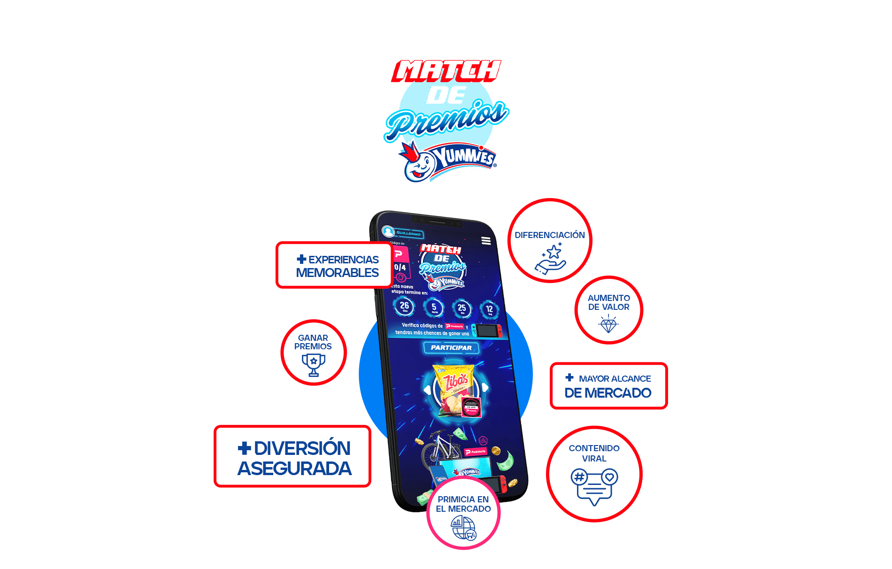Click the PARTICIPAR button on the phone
tap(451, 348)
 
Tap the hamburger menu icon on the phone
tap(486, 241)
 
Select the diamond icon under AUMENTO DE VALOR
tap(608, 324)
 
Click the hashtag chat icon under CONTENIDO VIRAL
tap(594, 485)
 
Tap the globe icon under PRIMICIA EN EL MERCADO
tap(463, 528)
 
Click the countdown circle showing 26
tap(404, 307)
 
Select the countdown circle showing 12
tap(489, 310)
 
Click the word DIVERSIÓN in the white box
tap(302, 448)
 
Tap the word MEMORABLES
tap(337, 273)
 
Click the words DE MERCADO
tap(607, 393)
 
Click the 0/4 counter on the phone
tap(400, 267)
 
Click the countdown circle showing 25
tap(462, 308)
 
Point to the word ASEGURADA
tap(294, 469)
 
